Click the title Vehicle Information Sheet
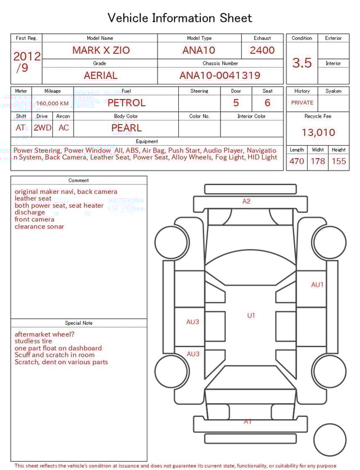point(180,18)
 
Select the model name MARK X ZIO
point(101,50)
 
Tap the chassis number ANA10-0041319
point(220,75)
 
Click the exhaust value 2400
point(262,50)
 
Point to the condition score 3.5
point(302,63)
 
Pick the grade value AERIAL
point(101,75)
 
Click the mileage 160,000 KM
point(52,104)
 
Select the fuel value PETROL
point(127,103)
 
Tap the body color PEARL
point(127,128)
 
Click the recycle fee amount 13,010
point(318,133)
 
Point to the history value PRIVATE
point(302,103)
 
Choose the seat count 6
point(267,103)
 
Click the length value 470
point(296,161)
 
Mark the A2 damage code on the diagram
point(246,201)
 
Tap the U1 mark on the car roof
point(251,315)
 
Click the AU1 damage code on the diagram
point(317,285)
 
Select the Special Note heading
point(79,323)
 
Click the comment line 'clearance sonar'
point(39,227)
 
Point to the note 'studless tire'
point(33,341)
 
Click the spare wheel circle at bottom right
point(330,440)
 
